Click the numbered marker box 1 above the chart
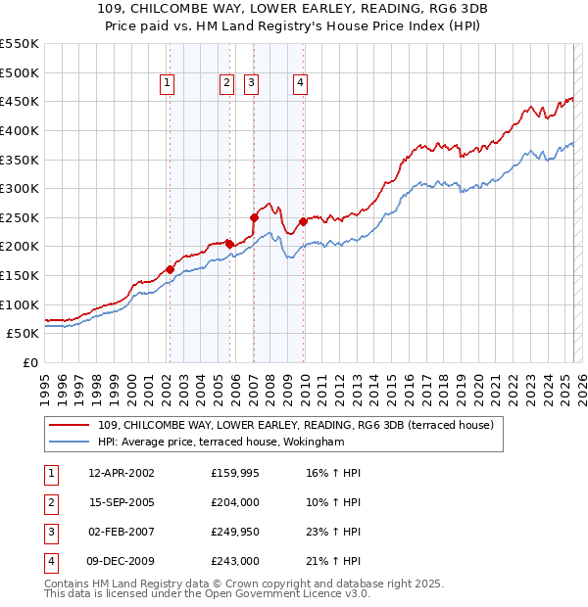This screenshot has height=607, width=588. pos(169,84)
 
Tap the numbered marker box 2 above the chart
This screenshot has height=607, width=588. pos(227,84)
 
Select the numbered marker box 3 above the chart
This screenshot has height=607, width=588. pos(252,84)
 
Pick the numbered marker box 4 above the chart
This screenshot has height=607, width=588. pos(300,84)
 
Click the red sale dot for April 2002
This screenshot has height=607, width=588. pos(170,269)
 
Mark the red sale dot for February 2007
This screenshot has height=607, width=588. pos(253,217)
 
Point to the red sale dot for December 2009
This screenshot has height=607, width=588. pos(303,221)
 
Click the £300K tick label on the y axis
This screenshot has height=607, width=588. pos(20,188)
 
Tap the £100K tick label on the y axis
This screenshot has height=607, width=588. pos(20,304)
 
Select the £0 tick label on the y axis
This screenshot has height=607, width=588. pos(30,362)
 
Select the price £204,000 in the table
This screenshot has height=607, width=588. pos(234,503)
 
